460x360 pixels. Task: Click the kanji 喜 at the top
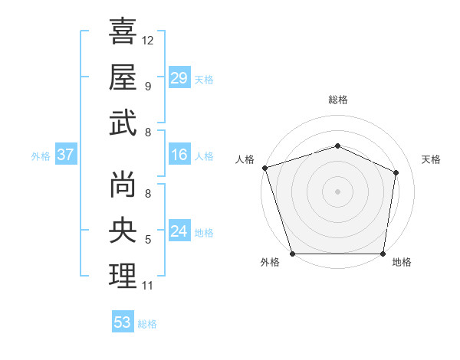123,32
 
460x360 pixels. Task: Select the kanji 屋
123,77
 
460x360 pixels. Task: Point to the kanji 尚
123,185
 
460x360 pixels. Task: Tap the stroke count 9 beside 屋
148,86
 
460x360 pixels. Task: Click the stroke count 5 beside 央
148,241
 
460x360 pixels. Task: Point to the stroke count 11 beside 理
148,286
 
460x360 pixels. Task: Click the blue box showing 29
179,78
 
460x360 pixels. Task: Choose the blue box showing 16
179,155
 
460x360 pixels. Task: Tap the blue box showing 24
179,231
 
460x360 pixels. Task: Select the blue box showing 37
65,155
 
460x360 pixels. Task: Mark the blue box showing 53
123,322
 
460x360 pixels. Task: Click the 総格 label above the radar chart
338,100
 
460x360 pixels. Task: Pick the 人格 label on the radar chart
245,159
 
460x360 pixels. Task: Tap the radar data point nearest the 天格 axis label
396,172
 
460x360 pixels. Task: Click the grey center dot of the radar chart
337,191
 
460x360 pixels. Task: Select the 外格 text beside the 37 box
41,156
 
